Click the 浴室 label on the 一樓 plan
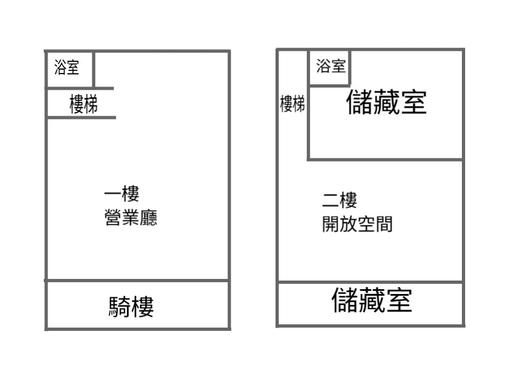pyautogui.click(x=66, y=67)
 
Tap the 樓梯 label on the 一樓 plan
pyautogui.click(x=84, y=104)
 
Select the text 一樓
pyautogui.click(x=122, y=194)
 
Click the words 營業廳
pyautogui.click(x=131, y=217)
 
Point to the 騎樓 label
pyautogui.click(x=131, y=307)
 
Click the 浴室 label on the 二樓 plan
pyautogui.click(x=331, y=66)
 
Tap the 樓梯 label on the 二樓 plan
pyautogui.click(x=292, y=104)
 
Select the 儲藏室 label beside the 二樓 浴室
pyautogui.click(x=386, y=102)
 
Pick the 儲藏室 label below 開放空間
pyautogui.click(x=372, y=300)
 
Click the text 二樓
pyautogui.click(x=340, y=200)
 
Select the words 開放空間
pyautogui.click(x=358, y=224)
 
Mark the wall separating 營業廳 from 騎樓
pyautogui.click(x=137, y=281)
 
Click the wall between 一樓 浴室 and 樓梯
pyautogui.click(x=79, y=89)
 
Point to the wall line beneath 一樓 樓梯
pyautogui.click(x=81, y=117)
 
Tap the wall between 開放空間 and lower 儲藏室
pyautogui.click(x=371, y=282)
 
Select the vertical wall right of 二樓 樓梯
pyautogui.click(x=308, y=105)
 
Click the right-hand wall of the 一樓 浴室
pyautogui.click(x=94, y=69)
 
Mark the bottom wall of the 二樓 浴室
pyautogui.click(x=330, y=86)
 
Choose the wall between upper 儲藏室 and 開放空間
pyautogui.click(x=385, y=159)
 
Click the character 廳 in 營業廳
pyautogui.click(x=149, y=217)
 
